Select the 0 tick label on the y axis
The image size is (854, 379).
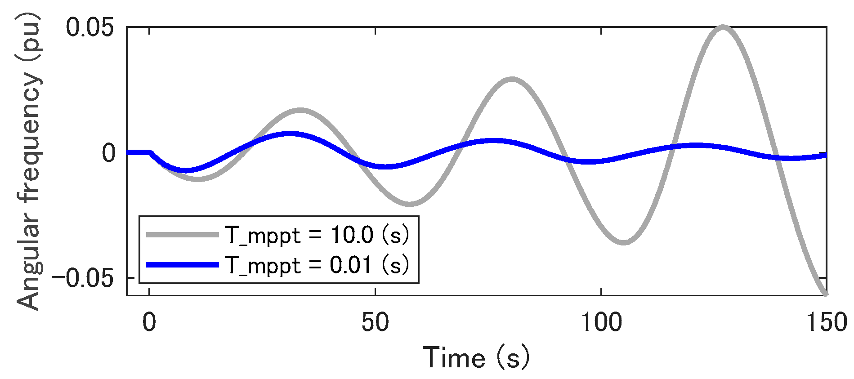tap(108, 153)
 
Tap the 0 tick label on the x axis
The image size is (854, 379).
tap(149, 322)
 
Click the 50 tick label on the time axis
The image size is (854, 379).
tap(375, 322)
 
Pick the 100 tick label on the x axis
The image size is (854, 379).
tap(601, 322)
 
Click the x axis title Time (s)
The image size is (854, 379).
tap(476, 358)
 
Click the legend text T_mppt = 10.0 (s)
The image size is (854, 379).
tap(317, 235)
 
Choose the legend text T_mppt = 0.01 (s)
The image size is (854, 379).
tap(317, 265)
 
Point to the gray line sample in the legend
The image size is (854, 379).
tap(182, 235)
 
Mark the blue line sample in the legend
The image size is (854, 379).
tap(182, 265)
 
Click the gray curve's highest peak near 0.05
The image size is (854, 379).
tap(723, 27)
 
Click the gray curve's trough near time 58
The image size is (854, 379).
tap(410, 204)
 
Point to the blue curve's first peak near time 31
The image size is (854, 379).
tap(290, 134)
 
